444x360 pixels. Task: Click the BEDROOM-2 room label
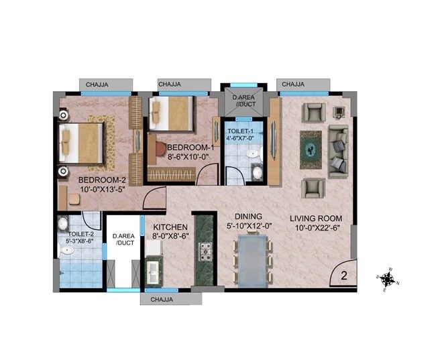102,180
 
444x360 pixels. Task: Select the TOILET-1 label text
239,131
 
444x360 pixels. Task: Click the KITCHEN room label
166,227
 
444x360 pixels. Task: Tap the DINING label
247,217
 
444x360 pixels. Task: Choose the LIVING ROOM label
316,219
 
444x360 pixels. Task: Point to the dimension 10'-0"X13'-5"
102,190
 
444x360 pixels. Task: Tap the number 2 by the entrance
343,275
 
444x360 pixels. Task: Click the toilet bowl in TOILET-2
66,249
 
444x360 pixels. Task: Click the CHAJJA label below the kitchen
160,300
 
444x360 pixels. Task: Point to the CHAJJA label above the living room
293,84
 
